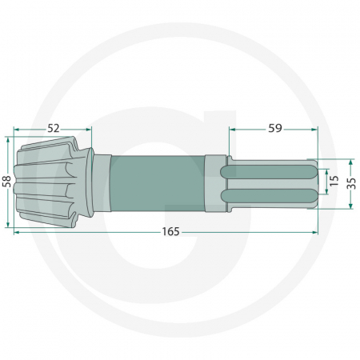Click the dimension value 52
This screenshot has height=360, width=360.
click(x=54, y=127)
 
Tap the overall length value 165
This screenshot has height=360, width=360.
click(x=169, y=232)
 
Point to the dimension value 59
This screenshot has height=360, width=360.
click(x=274, y=127)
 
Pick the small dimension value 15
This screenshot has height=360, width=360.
click(x=334, y=181)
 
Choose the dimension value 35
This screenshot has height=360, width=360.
click(x=350, y=181)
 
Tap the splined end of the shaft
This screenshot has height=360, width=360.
click(x=272, y=182)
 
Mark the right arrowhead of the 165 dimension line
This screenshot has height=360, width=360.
click(x=317, y=232)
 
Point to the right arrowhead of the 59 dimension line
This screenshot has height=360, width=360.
click(x=317, y=127)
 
